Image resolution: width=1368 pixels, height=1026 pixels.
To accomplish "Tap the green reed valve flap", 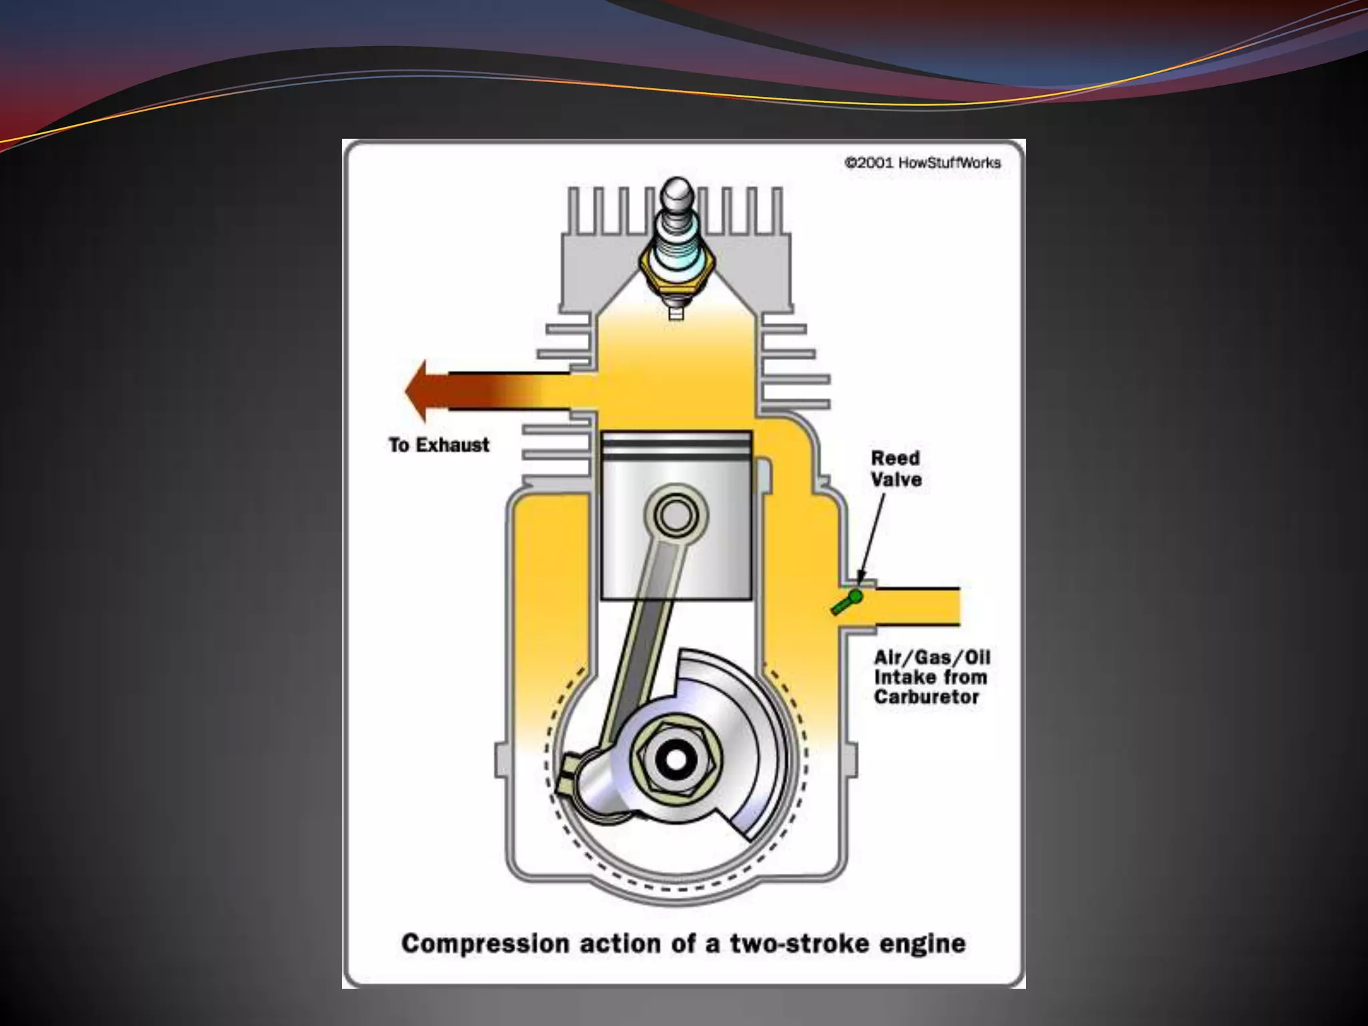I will (x=846, y=601).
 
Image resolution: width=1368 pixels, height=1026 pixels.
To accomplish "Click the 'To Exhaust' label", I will (x=439, y=445).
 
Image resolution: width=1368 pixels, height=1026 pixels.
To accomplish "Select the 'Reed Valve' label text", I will (x=896, y=468).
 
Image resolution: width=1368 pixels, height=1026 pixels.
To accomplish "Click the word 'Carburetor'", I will (x=926, y=697).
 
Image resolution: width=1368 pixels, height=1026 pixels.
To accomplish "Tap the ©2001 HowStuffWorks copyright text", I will (x=922, y=162).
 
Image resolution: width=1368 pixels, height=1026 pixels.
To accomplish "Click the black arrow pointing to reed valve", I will (x=872, y=534).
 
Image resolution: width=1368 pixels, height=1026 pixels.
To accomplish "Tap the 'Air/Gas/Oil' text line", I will (x=932, y=657).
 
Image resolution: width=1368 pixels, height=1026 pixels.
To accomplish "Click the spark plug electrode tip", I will (x=676, y=313).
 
